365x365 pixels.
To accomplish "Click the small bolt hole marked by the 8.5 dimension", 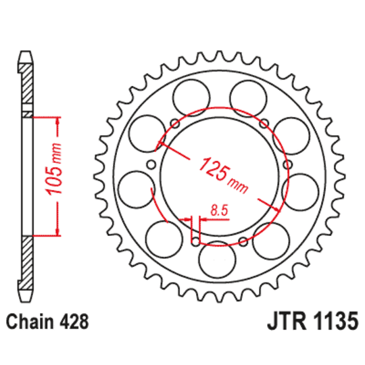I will pos(197,241).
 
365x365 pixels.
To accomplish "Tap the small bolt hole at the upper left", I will pos(174,122).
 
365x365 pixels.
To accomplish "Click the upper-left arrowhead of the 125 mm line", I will pos(160,143).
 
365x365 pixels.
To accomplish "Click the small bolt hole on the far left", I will pos(151,166).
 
